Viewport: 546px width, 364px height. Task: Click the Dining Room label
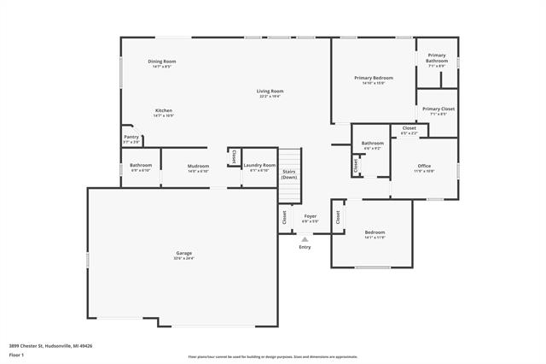coord(162,61)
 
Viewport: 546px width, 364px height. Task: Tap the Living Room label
coord(270,91)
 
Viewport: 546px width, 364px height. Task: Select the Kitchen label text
coord(164,110)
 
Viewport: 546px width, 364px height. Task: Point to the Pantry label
coord(131,137)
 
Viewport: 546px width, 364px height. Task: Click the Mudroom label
coord(198,166)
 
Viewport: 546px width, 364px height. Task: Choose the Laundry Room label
coord(258,165)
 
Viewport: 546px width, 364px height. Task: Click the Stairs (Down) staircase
coord(290,166)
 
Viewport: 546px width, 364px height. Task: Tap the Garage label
coord(183,253)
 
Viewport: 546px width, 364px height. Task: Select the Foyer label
coord(311,216)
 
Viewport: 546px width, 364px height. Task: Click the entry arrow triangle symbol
coord(305,239)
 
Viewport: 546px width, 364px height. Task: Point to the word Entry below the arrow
coord(305,248)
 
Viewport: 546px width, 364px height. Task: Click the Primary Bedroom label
coord(373,78)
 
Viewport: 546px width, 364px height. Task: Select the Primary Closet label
coord(439,109)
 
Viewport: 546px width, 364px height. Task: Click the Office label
coord(424,166)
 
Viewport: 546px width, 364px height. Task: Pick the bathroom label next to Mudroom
coord(141,165)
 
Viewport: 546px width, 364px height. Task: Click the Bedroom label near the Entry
coord(375,232)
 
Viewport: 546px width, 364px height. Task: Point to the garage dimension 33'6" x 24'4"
coord(183,258)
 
